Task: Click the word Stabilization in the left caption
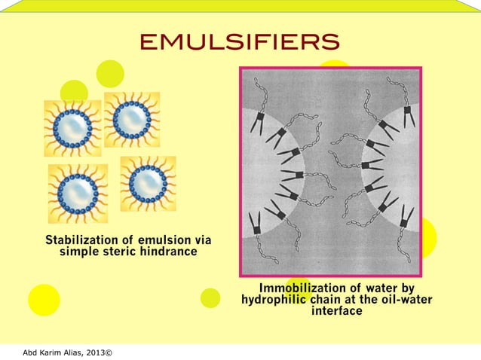click(x=82, y=240)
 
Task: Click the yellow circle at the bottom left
click(x=44, y=299)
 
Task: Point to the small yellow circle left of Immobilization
click(x=210, y=298)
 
